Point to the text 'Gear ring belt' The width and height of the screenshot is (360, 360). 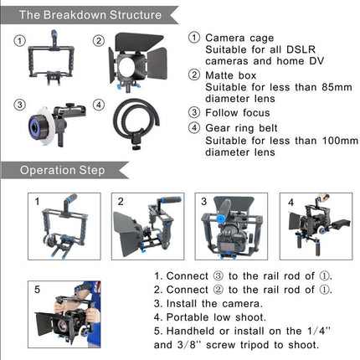(248, 128)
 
